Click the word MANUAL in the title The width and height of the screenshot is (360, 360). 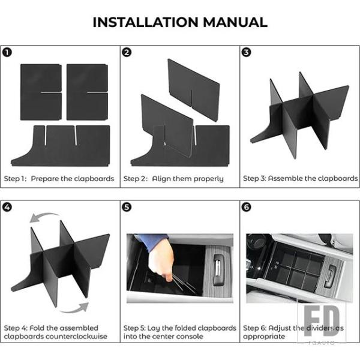235,22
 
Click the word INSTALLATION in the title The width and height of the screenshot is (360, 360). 146,22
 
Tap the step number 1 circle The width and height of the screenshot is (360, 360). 7,53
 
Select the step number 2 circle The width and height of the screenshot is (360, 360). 127,53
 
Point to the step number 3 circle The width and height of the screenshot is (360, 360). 247,52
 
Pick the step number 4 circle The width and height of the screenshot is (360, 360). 7,208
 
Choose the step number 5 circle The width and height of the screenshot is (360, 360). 127,208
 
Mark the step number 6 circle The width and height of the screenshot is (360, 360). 247,207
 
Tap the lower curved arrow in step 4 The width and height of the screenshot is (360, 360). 74,310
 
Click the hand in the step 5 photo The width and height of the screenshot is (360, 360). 161,259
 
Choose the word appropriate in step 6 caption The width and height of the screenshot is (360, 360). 264,337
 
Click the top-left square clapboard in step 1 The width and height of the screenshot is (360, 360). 41,92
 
